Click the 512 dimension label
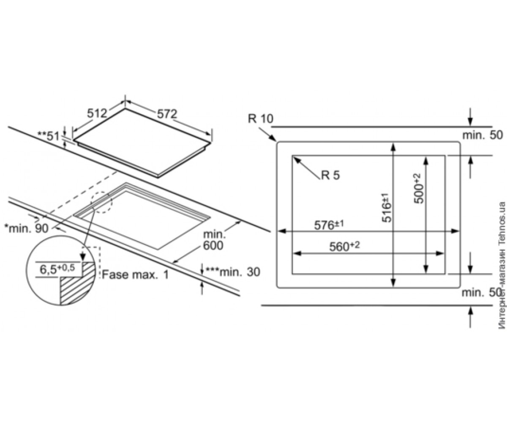tap(97, 113)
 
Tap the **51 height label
tap(49, 136)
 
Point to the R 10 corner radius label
tap(261, 118)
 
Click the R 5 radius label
tap(330, 175)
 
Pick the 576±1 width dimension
tap(329, 225)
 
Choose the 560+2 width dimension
tap(344, 246)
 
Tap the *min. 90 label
tap(27, 228)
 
